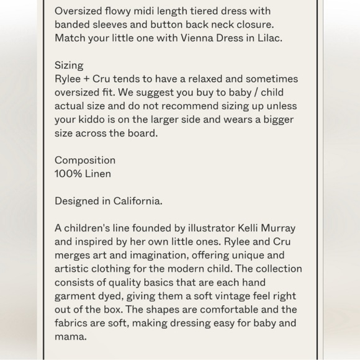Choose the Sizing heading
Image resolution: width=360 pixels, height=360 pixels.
[69, 65]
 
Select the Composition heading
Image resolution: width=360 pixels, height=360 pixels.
[85, 160]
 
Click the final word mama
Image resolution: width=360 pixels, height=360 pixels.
[71, 336]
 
